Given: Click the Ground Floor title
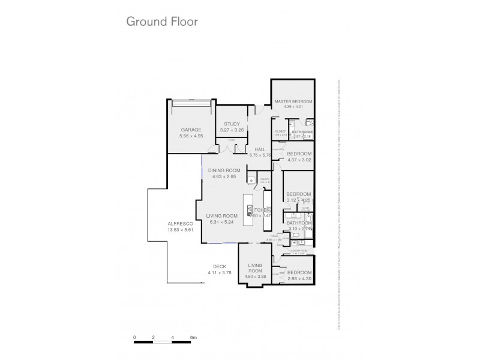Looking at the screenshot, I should pos(161,22).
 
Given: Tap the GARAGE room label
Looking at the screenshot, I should pos(191,130).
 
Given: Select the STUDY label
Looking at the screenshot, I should pos(231,124).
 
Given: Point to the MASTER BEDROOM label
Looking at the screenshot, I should pos(293,102).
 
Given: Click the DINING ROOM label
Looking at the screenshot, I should pos(224,170).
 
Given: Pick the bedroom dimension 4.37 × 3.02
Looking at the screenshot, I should pos(298,159).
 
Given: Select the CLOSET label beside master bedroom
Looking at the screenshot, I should pos(280,131).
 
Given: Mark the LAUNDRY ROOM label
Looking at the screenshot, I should pos(298,251).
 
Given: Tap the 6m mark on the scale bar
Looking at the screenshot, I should pos(193,338).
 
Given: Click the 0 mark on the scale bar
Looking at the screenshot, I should pos(135,338).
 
